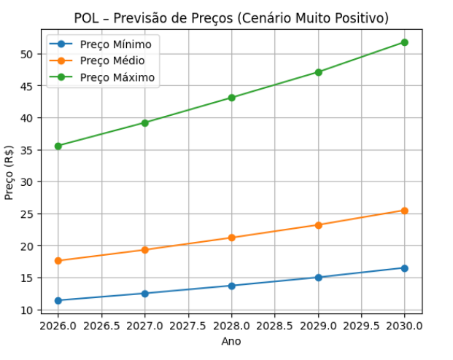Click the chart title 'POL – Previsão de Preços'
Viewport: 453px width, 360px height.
(231, 17)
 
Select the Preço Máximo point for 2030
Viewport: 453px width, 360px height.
(404, 42)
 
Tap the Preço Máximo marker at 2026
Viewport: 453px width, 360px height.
(58, 146)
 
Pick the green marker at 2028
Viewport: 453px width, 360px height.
(231, 98)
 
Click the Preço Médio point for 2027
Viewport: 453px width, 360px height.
(144, 250)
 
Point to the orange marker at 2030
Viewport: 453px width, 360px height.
(404, 211)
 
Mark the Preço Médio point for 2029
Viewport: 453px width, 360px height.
(318, 225)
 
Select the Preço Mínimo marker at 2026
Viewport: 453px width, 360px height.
(58, 300)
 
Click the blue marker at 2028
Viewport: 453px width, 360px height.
(231, 286)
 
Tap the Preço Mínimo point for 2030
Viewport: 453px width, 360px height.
(404, 268)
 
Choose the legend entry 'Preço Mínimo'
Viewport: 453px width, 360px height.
(115, 44)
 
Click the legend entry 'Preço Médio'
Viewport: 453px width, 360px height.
(112, 60)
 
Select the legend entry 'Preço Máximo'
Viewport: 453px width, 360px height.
(117, 77)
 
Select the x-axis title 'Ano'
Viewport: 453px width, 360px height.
(231, 340)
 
